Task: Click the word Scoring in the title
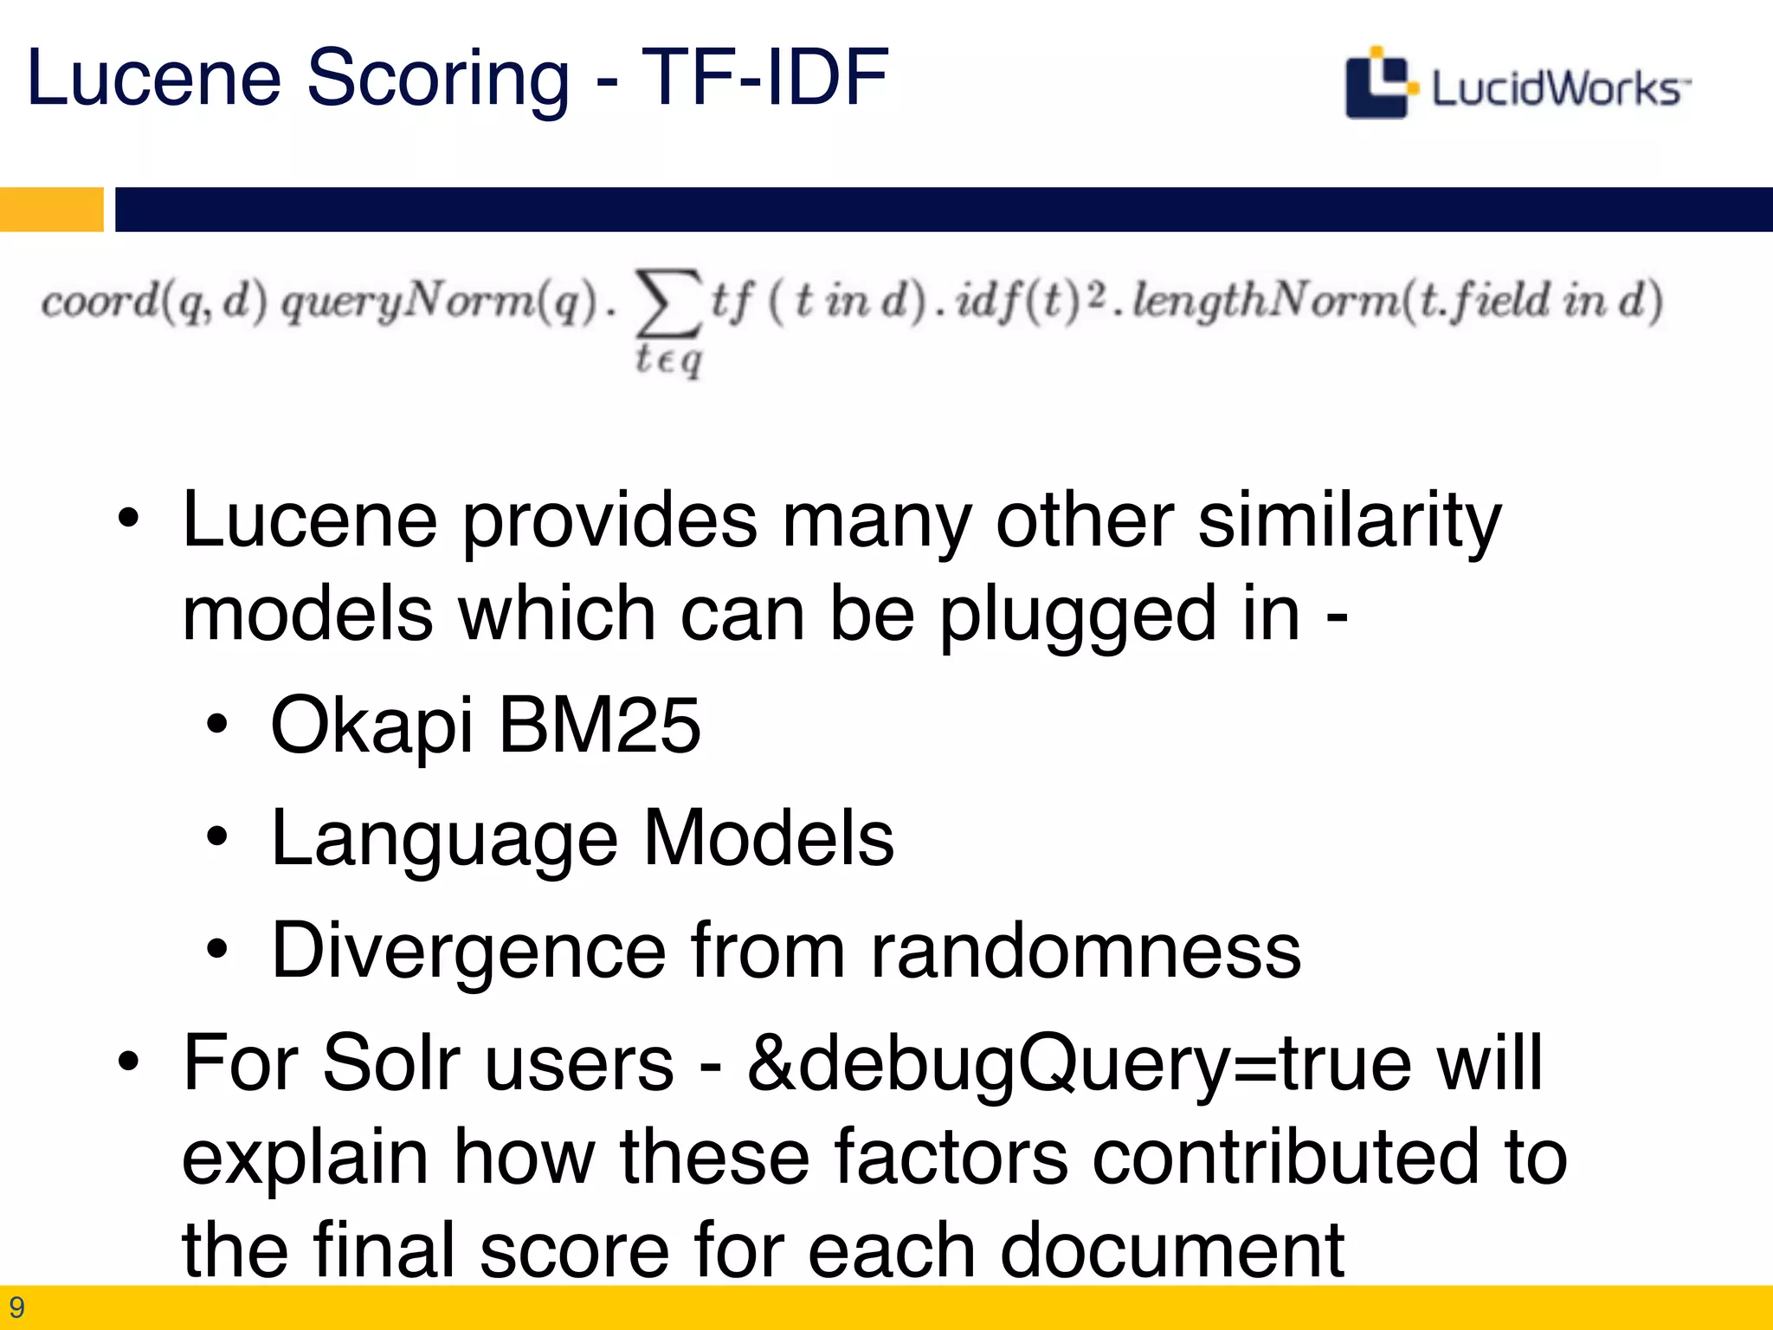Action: (x=438, y=80)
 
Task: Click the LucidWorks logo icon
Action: (x=1379, y=84)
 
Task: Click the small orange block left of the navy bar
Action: (x=51, y=210)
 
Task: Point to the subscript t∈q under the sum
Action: (x=668, y=358)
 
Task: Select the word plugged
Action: (x=1077, y=617)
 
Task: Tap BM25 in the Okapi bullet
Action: (x=599, y=726)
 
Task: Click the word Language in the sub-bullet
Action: (x=444, y=840)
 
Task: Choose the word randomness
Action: (x=1086, y=951)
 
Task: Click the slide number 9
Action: (x=16, y=1307)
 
